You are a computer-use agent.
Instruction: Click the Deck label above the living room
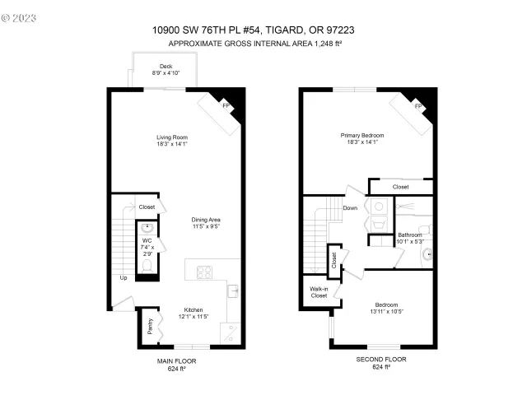(166, 65)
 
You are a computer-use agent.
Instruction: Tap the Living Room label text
(174, 137)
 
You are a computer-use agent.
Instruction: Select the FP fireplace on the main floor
(226, 105)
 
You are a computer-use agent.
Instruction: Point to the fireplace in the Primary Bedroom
(417, 107)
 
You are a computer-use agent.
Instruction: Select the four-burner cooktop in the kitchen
(203, 273)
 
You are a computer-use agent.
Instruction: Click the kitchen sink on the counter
(232, 290)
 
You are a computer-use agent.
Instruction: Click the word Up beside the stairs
(124, 277)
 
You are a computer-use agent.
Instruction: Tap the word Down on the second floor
(350, 208)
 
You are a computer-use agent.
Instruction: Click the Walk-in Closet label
(318, 292)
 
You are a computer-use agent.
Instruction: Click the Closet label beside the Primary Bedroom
(400, 187)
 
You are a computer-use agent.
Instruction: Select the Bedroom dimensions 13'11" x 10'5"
(385, 311)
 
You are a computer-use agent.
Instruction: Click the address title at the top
(259, 30)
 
